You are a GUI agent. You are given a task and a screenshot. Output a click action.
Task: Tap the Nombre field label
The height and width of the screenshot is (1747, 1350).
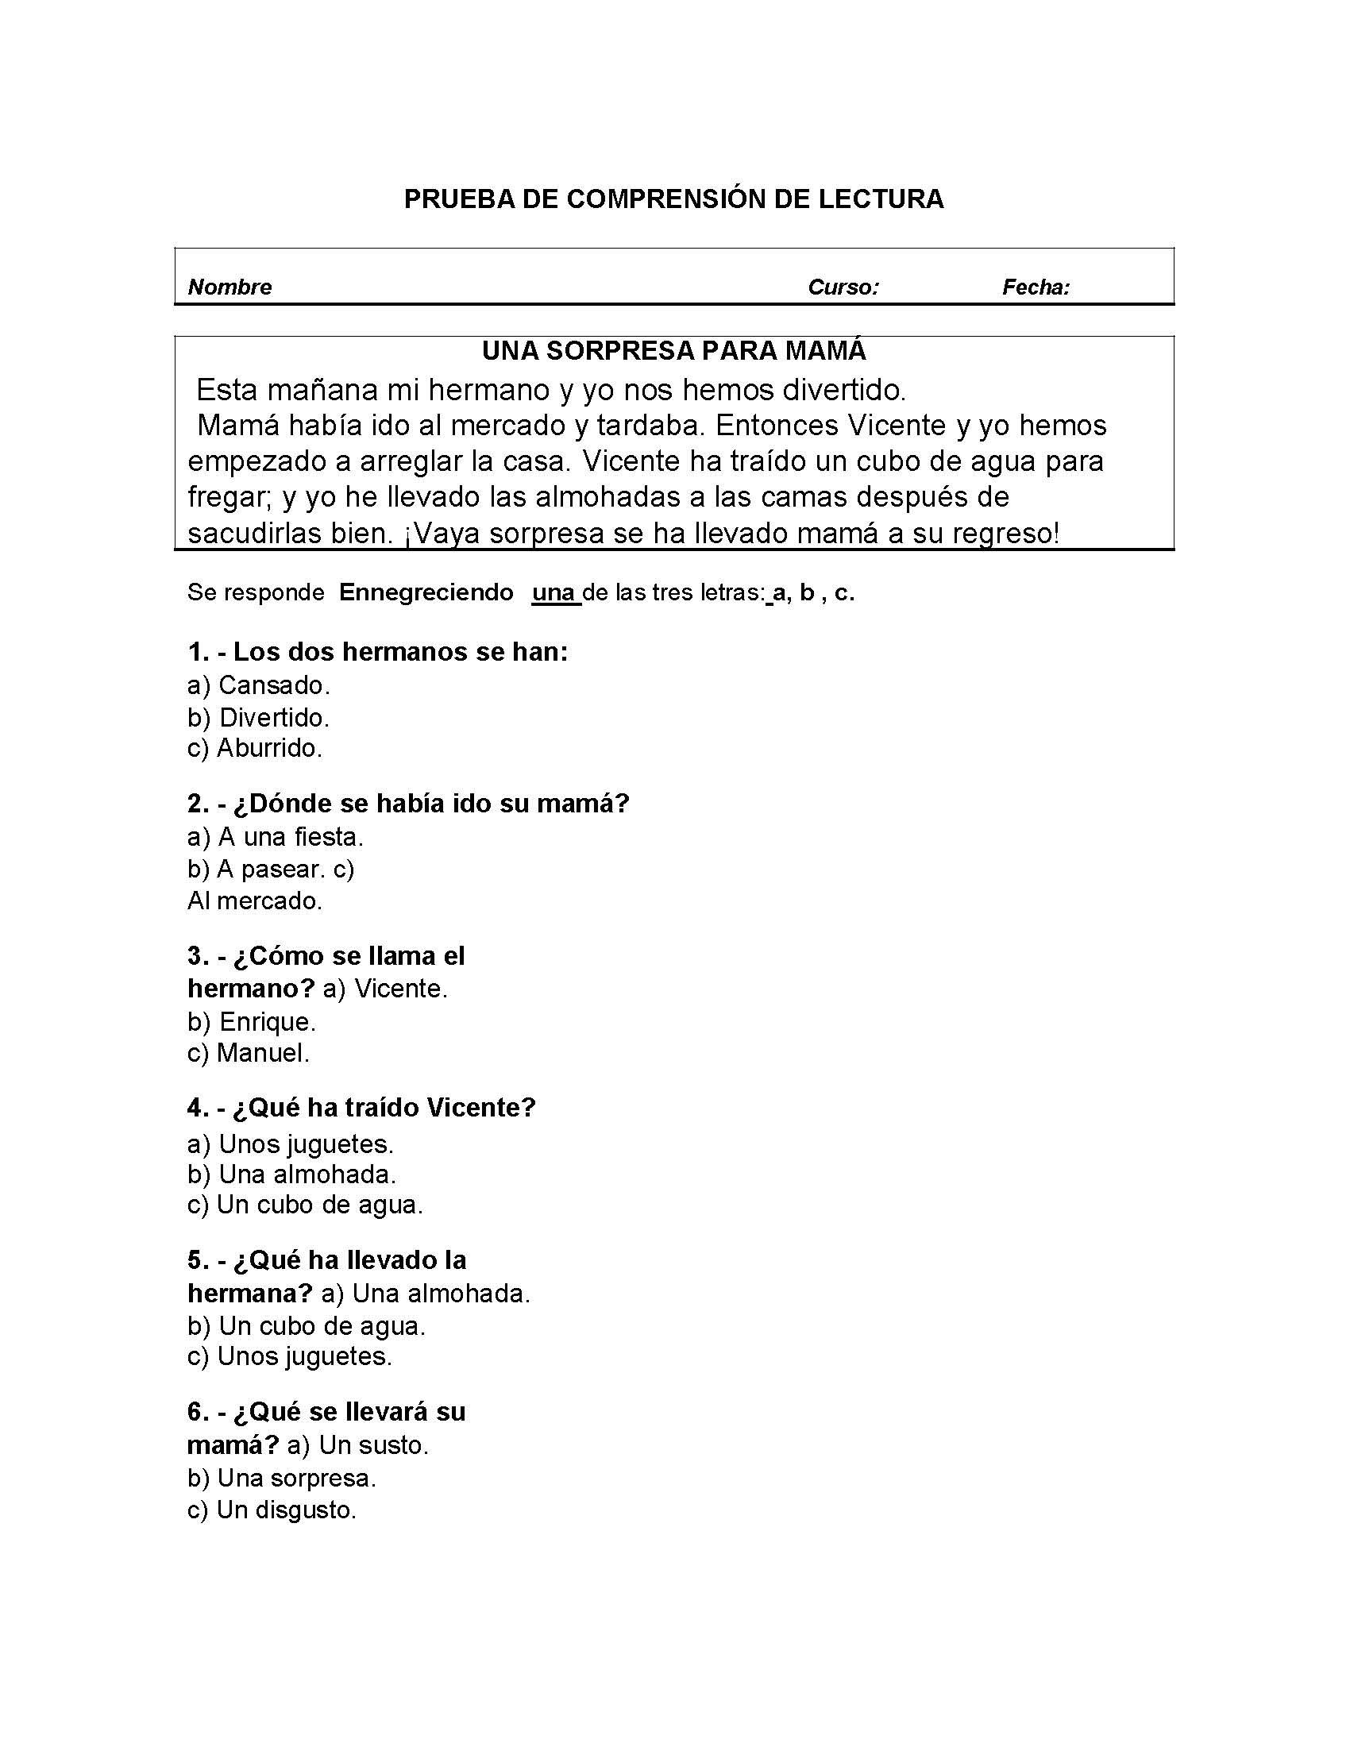point(229,287)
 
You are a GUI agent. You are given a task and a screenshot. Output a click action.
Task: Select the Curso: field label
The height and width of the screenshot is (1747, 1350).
point(843,287)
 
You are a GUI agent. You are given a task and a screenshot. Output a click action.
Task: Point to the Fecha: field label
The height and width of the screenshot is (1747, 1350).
point(1036,287)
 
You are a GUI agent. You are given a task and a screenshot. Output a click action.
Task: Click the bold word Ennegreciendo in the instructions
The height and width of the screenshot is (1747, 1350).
point(426,592)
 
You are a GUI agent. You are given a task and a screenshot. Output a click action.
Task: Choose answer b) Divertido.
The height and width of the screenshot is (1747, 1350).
point(258,718)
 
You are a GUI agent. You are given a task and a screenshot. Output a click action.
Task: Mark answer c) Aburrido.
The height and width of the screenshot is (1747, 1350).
point(254,749)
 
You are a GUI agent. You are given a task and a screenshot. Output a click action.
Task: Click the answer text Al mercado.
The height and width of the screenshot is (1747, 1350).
point(254,901)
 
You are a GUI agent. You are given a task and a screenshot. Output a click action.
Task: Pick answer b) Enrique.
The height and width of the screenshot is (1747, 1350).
point(251,1022)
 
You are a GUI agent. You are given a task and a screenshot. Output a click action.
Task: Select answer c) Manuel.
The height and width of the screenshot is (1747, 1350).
point(248,1054)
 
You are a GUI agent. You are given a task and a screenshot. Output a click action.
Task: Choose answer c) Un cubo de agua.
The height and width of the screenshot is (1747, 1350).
point(305,1205)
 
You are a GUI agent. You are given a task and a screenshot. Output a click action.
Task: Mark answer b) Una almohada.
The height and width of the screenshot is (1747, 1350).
point(291,1174)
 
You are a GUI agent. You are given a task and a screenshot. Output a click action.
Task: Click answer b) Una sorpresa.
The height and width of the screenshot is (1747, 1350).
point(282,1479)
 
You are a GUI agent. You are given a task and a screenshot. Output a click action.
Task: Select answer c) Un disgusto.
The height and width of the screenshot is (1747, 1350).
point(271,1510)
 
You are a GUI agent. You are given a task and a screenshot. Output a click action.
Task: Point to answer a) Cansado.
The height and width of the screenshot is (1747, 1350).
point(258,685)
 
